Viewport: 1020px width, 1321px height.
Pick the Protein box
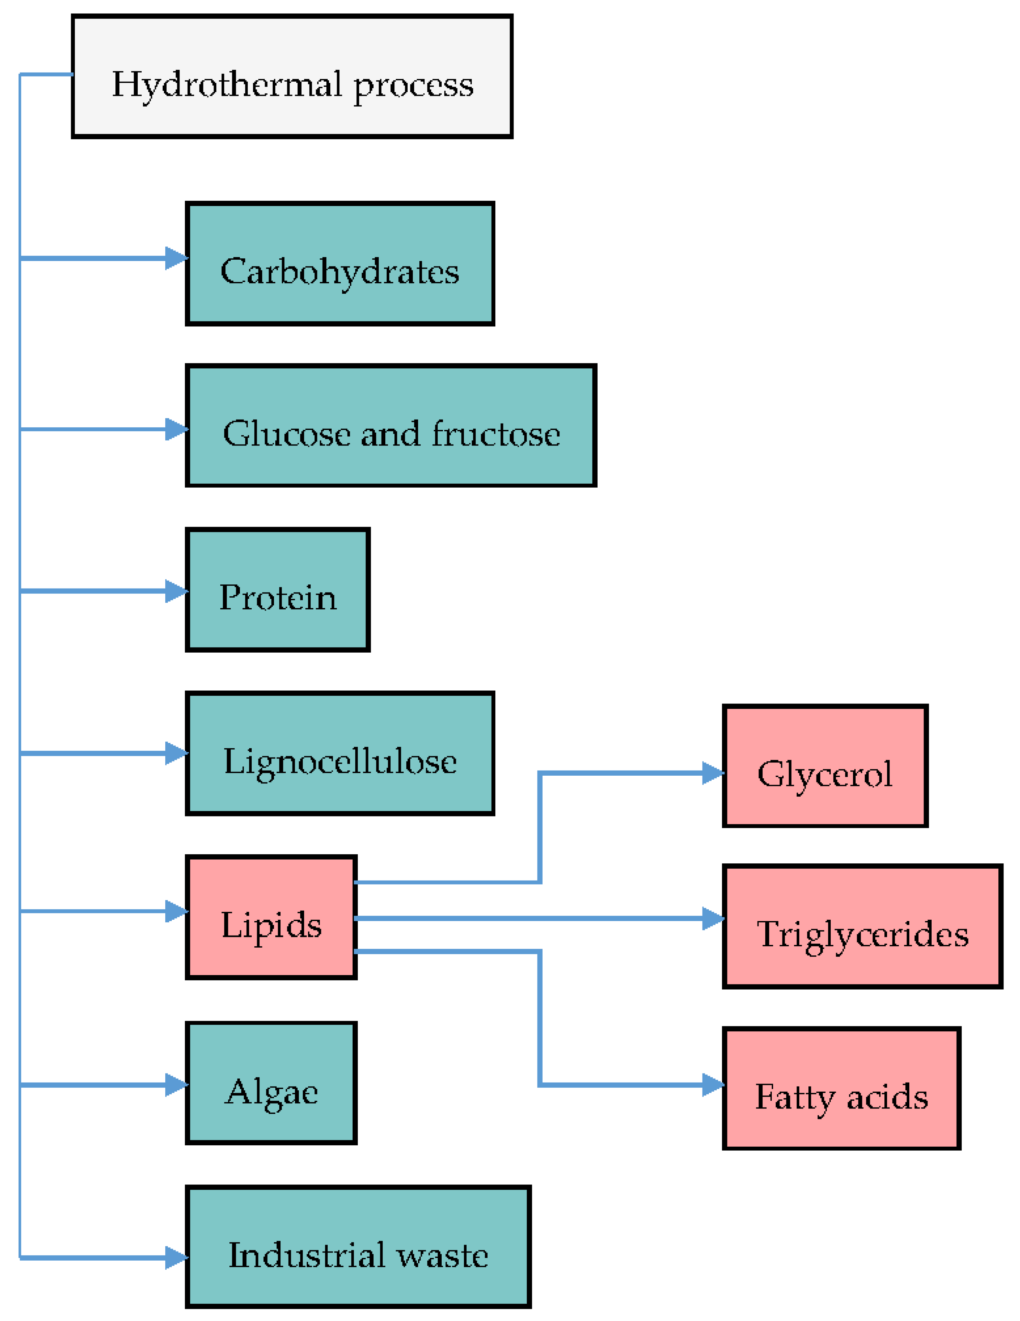click(x=278, y=590)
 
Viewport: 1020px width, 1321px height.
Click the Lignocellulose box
click(x=340, y=754)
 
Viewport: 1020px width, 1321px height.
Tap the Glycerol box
click(x=825, y=766)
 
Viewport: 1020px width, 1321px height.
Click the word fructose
click(x=496, y=434)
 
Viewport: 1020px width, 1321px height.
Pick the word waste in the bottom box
click(x=442, y=1255)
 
